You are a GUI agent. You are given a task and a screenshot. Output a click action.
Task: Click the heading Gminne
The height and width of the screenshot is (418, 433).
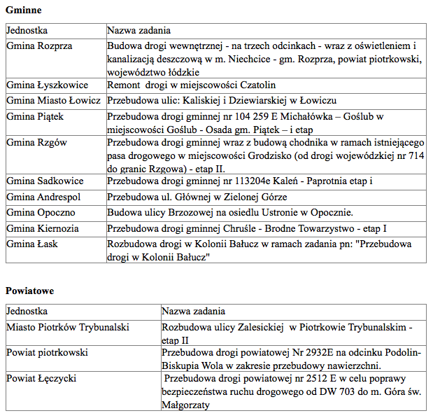pos(24,11)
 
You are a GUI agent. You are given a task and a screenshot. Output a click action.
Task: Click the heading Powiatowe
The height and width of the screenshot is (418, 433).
pos(30,290)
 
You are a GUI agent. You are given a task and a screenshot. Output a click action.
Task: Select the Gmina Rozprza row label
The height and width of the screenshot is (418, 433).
pos(39,46)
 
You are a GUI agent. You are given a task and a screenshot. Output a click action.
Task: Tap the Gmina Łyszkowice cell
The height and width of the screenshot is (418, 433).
pos(47,85)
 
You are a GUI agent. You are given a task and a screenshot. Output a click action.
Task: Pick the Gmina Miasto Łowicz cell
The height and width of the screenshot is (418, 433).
pos(52,100)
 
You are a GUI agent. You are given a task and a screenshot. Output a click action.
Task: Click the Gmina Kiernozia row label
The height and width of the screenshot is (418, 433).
pos(43,228)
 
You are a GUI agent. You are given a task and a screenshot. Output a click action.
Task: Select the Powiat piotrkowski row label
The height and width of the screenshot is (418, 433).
pos(47,352)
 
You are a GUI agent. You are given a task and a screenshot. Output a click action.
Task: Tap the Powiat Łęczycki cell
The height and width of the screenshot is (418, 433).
pos(41,378)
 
